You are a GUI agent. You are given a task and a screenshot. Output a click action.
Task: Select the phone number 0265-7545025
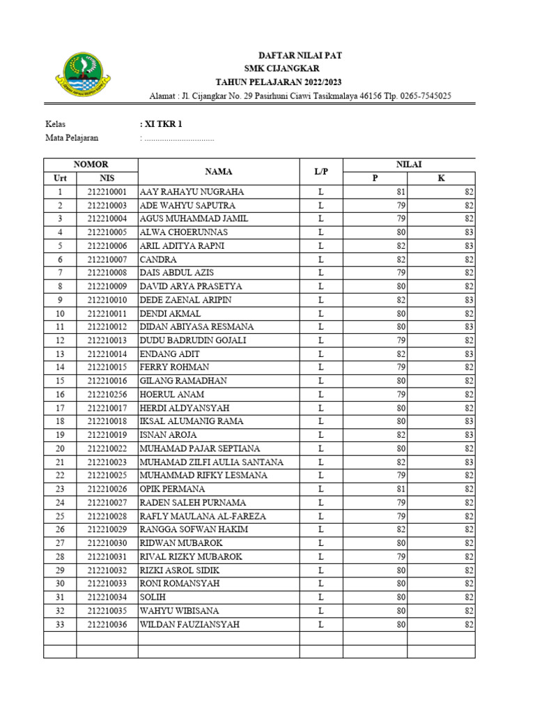click(425, 96)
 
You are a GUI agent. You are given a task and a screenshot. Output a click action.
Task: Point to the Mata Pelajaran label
click(72, 137)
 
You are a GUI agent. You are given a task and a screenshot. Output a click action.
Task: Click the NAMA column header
click(219, 172)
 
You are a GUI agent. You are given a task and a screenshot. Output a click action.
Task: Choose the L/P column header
click(320, 172)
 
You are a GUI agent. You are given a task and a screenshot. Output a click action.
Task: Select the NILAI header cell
click(409, 165)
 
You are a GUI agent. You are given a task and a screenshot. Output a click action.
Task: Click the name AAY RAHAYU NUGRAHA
click(192, 192)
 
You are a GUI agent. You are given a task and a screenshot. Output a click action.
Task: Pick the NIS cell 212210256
click(107, 395)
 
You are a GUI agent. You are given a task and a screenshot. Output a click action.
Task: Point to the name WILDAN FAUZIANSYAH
click(189, 625)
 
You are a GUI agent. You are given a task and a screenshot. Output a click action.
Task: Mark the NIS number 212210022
click(107, 449)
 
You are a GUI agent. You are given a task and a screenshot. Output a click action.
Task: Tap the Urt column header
click(60, 178)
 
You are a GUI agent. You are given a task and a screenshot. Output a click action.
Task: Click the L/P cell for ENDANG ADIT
click(320, 354)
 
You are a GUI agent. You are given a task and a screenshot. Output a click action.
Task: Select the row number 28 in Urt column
click(60, 557)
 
